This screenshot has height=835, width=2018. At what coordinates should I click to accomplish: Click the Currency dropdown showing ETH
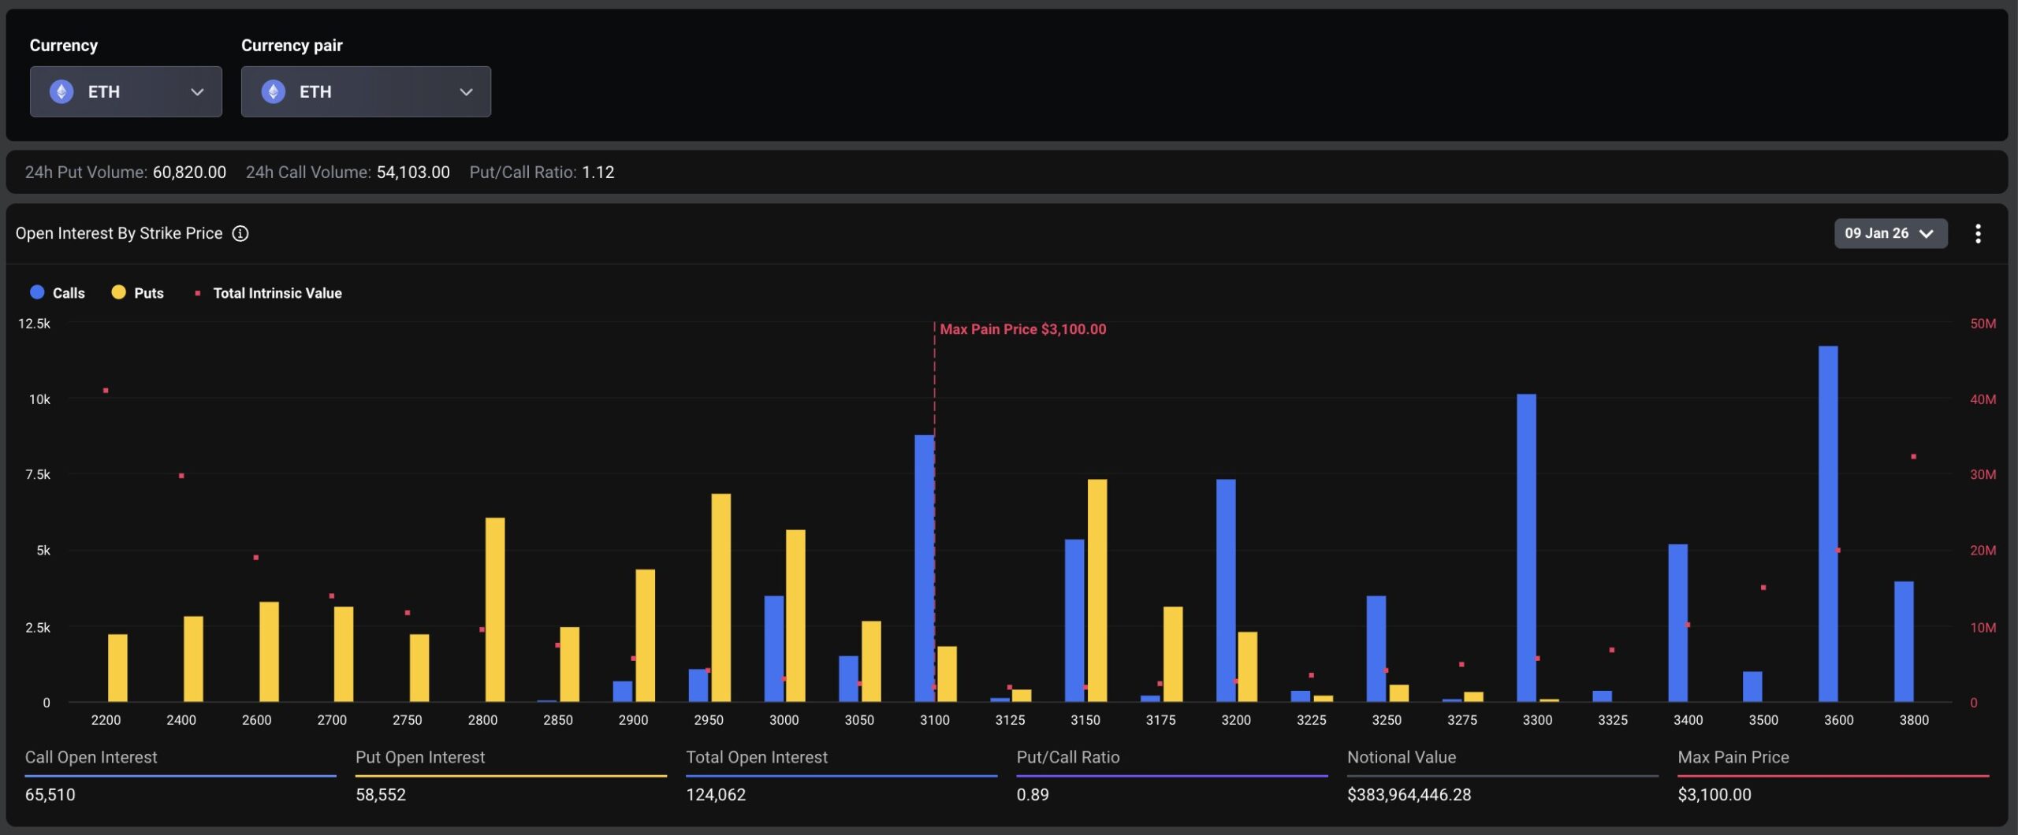click(126, 91)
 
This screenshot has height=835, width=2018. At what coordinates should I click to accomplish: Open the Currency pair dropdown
click(366, 91)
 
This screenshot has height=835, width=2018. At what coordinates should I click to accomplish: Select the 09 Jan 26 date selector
click(1890, 233)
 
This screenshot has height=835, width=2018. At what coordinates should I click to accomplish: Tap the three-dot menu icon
click(1977, 233)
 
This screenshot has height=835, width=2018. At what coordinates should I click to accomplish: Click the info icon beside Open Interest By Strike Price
click(240, 233)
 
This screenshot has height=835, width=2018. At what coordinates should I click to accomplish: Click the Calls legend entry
click(58, 293)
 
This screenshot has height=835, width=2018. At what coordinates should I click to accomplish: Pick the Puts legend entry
click(138, 293)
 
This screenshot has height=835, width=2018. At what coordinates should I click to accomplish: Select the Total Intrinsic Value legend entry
click(269, 293)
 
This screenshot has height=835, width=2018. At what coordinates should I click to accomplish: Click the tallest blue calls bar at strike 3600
click(1827, 524)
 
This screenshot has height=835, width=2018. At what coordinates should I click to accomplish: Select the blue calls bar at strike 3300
click(1525, 547)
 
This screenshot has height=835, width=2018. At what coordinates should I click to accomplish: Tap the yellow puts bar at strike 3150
click(1096, 590)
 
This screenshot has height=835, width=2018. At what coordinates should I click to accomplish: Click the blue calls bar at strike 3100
click(923, 567)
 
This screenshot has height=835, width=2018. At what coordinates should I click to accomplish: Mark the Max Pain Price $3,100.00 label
click(1022, 329)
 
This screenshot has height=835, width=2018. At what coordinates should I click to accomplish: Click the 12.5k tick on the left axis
click(34, 324)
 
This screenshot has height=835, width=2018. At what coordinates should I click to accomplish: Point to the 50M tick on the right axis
click(1983, 324)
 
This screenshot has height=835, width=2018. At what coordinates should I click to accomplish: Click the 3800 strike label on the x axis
click(1913, 720)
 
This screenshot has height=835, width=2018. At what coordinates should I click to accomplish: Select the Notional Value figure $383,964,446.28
click(1409, 795)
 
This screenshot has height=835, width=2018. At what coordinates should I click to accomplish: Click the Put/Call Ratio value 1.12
click(598, 173)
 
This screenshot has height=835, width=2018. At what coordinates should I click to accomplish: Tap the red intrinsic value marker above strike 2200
click(106, 391)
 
